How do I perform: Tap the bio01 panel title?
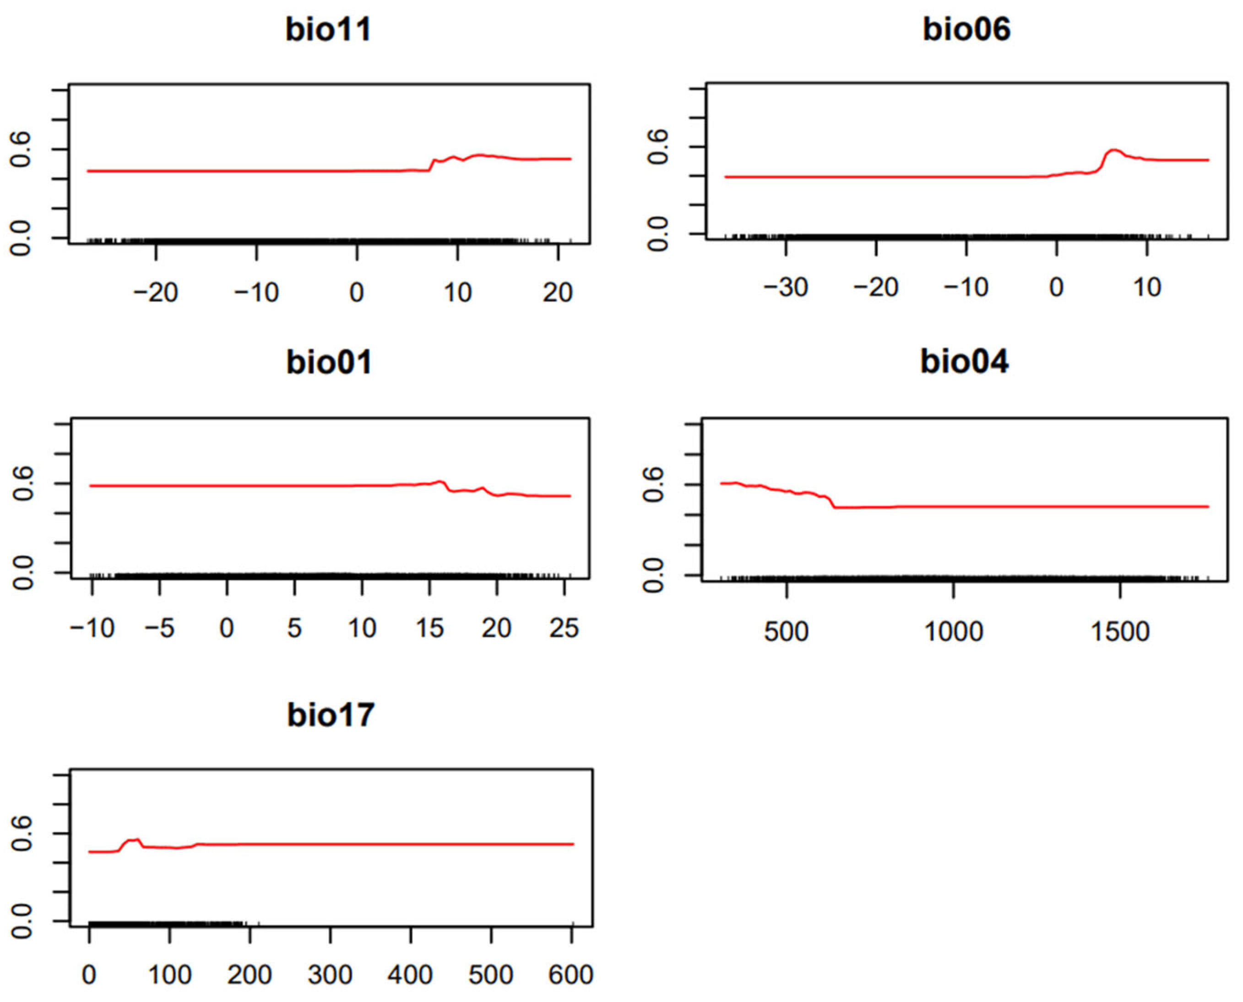click(x=329, y=362)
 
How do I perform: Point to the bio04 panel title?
click(x=964, y=362)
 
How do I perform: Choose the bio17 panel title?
click(x=331, y=715)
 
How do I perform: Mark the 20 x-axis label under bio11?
click(x=557, y=293)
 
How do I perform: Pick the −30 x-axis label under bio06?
click(x=786, y=287)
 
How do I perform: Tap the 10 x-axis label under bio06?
click(x=1146, y=287)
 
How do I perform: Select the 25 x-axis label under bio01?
click(x=564, y=627)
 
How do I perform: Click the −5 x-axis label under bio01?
click(x=159, y=627)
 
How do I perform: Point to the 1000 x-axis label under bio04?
click(x=954, y=631)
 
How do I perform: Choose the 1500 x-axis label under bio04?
click(x=1120, y=631)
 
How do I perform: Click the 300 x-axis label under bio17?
click(x=330, y=975)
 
